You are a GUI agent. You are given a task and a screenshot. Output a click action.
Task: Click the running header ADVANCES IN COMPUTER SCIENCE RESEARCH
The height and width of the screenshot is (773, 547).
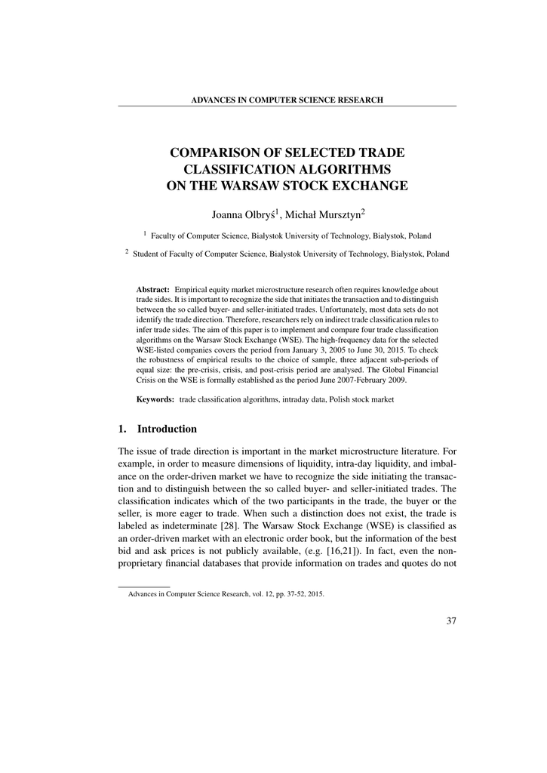pos(287,100)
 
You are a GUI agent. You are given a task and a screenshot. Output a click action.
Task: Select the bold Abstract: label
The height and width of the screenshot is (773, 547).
pos(152,290)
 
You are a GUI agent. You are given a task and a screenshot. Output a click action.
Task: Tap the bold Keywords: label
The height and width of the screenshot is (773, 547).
pos(155,399)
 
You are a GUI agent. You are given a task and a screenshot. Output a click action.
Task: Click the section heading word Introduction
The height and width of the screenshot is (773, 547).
pos(167,429)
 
